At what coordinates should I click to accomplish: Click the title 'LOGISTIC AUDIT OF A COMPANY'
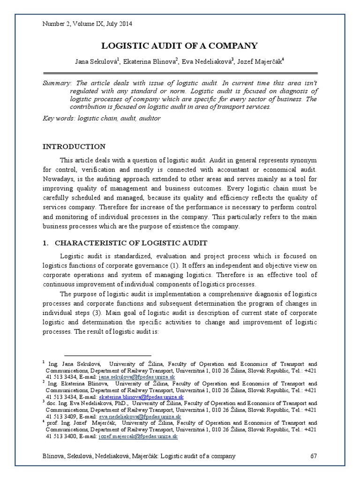(180, 45)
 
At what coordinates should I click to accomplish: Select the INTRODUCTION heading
(74, 147)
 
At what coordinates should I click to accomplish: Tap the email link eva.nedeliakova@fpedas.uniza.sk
(140, 416)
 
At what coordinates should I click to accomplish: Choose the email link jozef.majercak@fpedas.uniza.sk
(138, 436)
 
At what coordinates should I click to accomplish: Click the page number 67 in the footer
(315, 456)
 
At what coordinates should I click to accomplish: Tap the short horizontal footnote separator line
(107, 356)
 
